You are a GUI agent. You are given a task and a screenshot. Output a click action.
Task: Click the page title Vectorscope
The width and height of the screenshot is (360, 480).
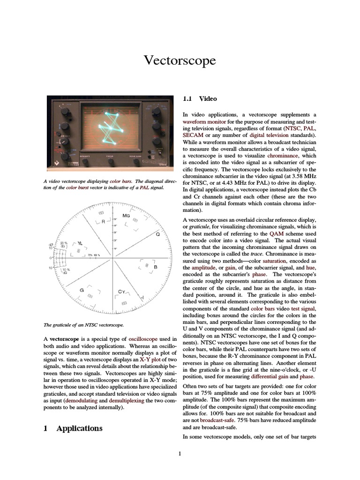(x=180, y=60)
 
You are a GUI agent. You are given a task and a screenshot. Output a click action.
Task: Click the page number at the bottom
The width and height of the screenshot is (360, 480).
(x=180, y=453)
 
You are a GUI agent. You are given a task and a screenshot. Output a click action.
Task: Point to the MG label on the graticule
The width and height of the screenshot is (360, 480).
(x=126, y=216)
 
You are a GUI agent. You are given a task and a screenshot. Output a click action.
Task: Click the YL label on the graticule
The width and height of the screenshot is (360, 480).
(x=80, y=243)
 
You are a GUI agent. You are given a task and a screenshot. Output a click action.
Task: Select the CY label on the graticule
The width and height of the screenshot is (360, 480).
(x=121, y=292)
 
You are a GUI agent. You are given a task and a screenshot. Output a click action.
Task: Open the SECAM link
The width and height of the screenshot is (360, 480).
(x=193, y=135)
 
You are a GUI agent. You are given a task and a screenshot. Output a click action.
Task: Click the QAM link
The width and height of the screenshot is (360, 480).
(x=276, y=233)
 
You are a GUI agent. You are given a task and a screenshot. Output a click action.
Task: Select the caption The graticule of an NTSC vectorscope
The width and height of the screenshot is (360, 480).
(x=84, y=325)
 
